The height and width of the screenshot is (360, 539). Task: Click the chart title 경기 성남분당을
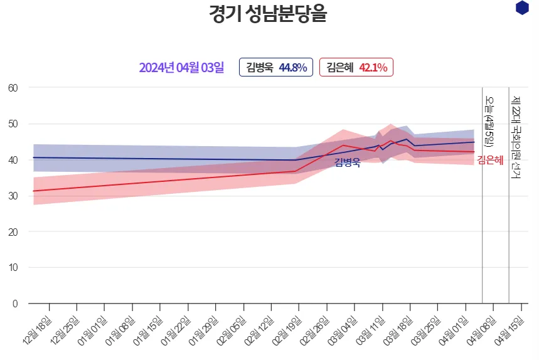click(268, 14)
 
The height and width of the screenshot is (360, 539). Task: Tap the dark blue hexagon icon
click(521, 8)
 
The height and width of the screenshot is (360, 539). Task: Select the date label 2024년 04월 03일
click(181, 67)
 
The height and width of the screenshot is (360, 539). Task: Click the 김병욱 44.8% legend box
click(276, 67)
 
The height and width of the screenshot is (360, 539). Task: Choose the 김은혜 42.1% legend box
click(356, 67)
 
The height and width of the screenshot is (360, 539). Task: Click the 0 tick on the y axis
click(15, 304)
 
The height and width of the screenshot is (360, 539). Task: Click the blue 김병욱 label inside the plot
click(347, 163)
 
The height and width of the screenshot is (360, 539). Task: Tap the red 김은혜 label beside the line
click(490, 160)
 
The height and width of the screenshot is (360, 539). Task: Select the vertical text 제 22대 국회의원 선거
click(516, 138)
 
